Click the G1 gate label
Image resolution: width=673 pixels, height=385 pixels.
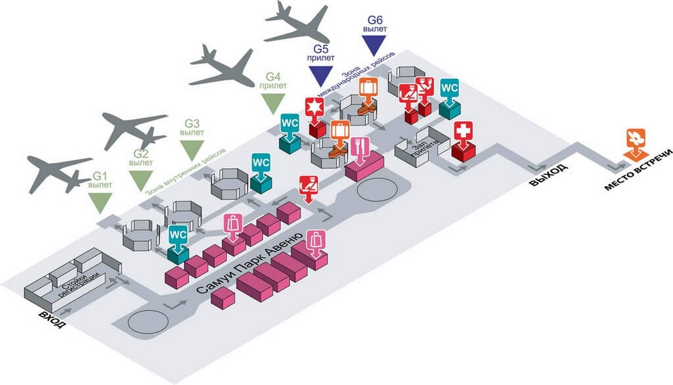click(100, 176)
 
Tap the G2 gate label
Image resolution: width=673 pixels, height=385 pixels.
click(141, 154)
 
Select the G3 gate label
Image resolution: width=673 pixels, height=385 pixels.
click(192, 124)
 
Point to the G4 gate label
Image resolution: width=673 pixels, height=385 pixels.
click(273, 77)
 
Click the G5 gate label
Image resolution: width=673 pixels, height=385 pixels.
click(321, 48)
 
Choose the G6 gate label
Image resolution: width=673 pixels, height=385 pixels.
click(375, 20)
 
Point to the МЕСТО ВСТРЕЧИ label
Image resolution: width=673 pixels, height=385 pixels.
click(638, 170)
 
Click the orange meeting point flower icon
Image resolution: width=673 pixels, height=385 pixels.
click(636, 139)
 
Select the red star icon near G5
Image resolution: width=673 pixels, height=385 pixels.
click(315, 107)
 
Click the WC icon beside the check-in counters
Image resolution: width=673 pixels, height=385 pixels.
click(178, 235)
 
